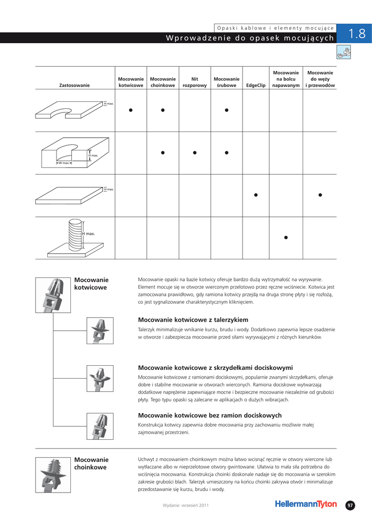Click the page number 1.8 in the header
[357, 34]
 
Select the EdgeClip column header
[256, 85]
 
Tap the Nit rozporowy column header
[194, 82]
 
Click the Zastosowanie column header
[75, 85]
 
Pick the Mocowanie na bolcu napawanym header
[286, 79]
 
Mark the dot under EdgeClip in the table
[256, 195]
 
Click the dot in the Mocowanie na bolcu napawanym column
[286, 237]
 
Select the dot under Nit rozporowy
[194, 153]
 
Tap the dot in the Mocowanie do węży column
[320, 195]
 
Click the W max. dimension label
[64, 163]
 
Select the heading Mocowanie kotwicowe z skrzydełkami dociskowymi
[215, 367]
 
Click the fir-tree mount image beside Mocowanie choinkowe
[53, 475]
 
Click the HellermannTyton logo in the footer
[306, 504]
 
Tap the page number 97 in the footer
[350, 505]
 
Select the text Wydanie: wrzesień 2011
[185, 505]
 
